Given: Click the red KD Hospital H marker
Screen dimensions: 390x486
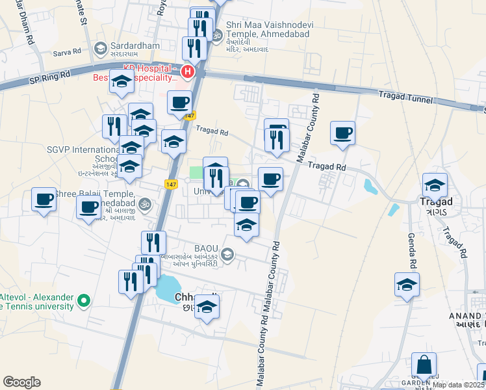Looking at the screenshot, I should tap(188, 71).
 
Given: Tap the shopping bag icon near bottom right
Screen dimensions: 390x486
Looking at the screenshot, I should tap(424, 366).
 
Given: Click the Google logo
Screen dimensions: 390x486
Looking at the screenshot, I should tap(21, 382).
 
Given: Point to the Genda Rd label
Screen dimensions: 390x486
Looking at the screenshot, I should tap(411, 250).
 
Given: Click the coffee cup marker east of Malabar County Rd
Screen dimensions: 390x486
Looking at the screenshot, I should tap(342, 133).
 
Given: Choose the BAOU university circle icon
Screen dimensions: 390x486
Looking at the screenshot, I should tap(227, 253).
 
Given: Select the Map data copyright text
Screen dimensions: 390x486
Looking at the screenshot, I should tap(459, 385).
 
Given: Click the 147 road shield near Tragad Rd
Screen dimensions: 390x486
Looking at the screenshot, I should tap(189, 116).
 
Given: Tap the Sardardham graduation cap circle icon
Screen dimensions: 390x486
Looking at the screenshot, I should tap(100, 47).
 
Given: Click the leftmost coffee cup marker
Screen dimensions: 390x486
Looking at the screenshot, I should tap(44, 199).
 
